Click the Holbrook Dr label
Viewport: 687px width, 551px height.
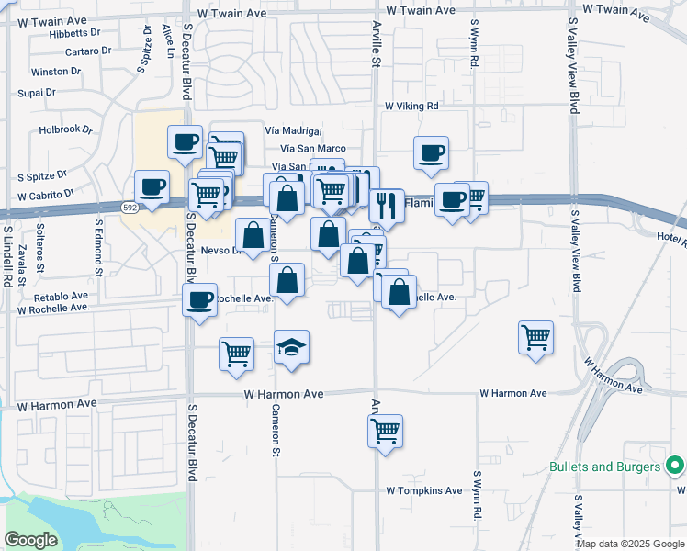pos(66,129)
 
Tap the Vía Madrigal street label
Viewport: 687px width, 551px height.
pos(293,131)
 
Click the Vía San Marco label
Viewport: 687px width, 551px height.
pos(313,149)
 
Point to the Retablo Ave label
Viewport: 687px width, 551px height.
pos(61,297)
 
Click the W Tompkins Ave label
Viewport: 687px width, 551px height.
pos(423,490)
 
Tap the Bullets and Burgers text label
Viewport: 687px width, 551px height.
pos(604,467)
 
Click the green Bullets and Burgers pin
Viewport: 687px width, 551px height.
pos(675,467)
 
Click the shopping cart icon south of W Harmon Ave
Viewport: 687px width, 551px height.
pos(385,429)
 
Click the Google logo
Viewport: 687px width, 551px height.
pos(31,540)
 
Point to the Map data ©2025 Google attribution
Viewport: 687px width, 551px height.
pos(631,544)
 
